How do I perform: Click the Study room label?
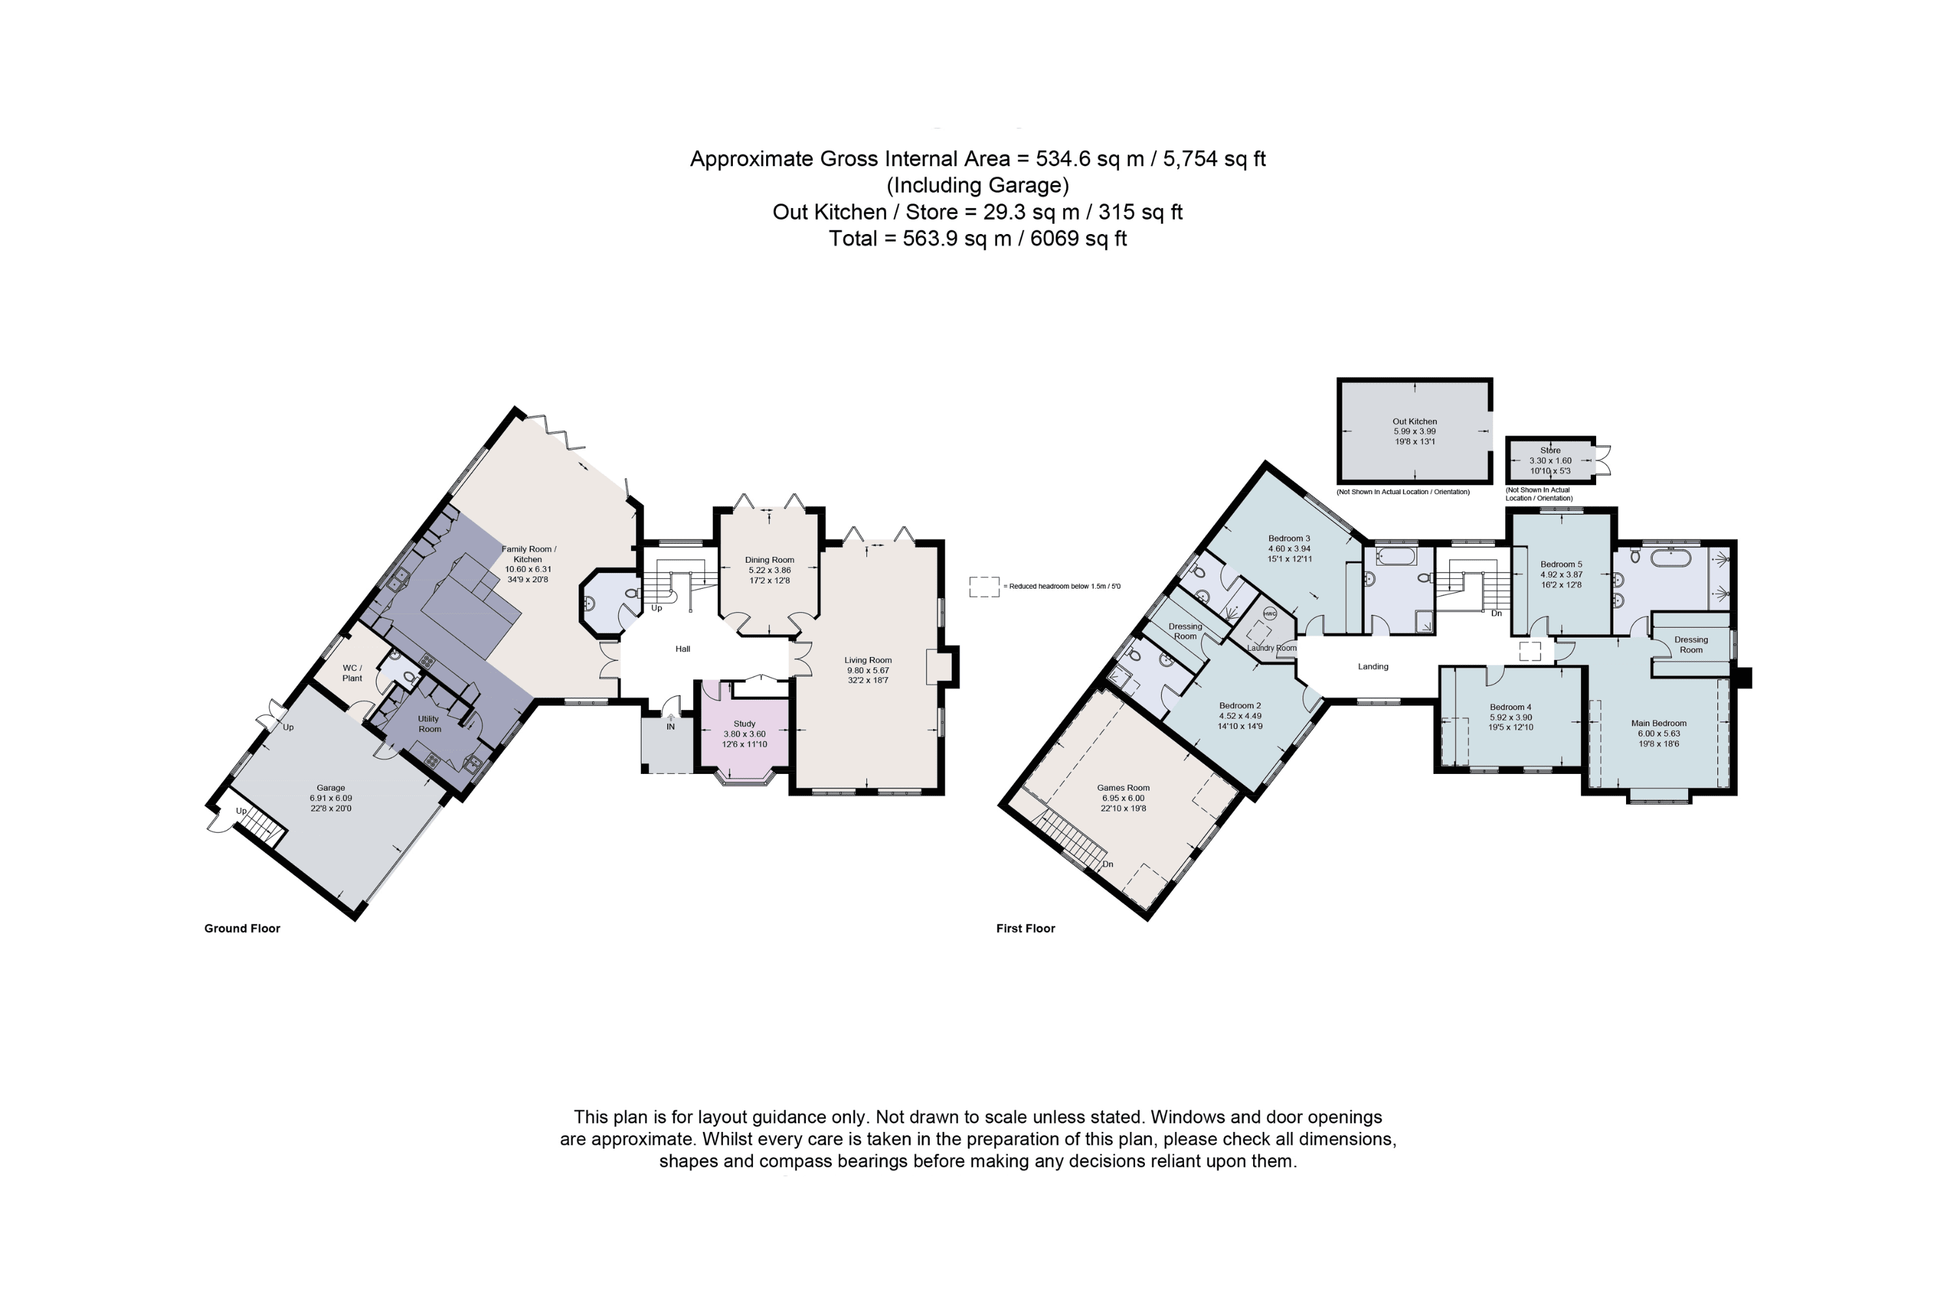(745, 724)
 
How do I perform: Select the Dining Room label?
(769, 559)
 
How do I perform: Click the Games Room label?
(1123, 788)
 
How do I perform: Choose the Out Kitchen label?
(1415, 422)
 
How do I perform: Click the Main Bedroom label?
(1658, 724)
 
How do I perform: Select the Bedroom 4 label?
(1510, 707)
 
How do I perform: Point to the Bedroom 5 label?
(1561, 564)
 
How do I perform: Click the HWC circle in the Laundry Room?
(1269, 614)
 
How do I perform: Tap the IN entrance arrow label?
(670, 726)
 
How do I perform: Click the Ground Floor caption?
(242, 928)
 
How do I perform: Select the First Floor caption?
(1026, 928)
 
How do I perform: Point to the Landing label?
(1373, 666)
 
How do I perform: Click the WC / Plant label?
(352, 673)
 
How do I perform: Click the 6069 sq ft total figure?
(1078, 239)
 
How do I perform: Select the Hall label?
(683, 649)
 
